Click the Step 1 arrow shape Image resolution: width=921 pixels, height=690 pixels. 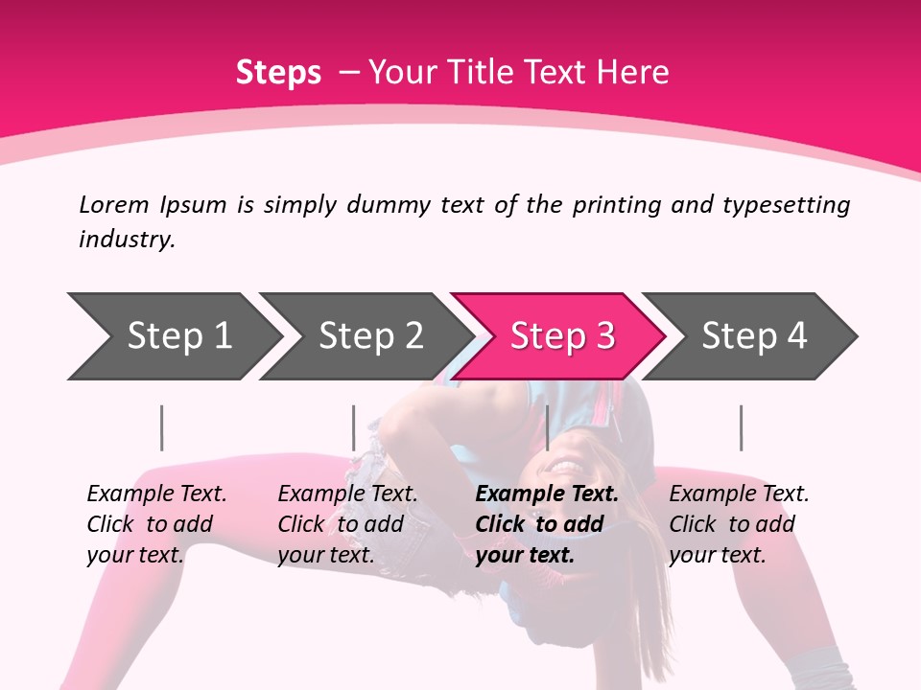tap(177, 336)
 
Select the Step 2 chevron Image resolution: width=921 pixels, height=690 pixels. tap(369, 336)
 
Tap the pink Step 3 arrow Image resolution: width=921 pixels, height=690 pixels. tap(561, 336)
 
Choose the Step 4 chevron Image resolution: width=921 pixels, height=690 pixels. tap(753, 336)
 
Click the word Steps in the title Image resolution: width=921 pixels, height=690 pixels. tap(278, 72)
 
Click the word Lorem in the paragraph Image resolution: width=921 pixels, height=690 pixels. tap(114, 204)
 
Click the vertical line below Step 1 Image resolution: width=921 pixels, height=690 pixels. tap(162, 427)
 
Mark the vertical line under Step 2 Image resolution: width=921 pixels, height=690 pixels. tap(354, 427)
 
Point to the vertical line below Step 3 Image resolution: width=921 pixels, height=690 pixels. tap(547, 427)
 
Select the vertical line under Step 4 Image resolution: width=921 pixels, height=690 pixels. tap(741, 427)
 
